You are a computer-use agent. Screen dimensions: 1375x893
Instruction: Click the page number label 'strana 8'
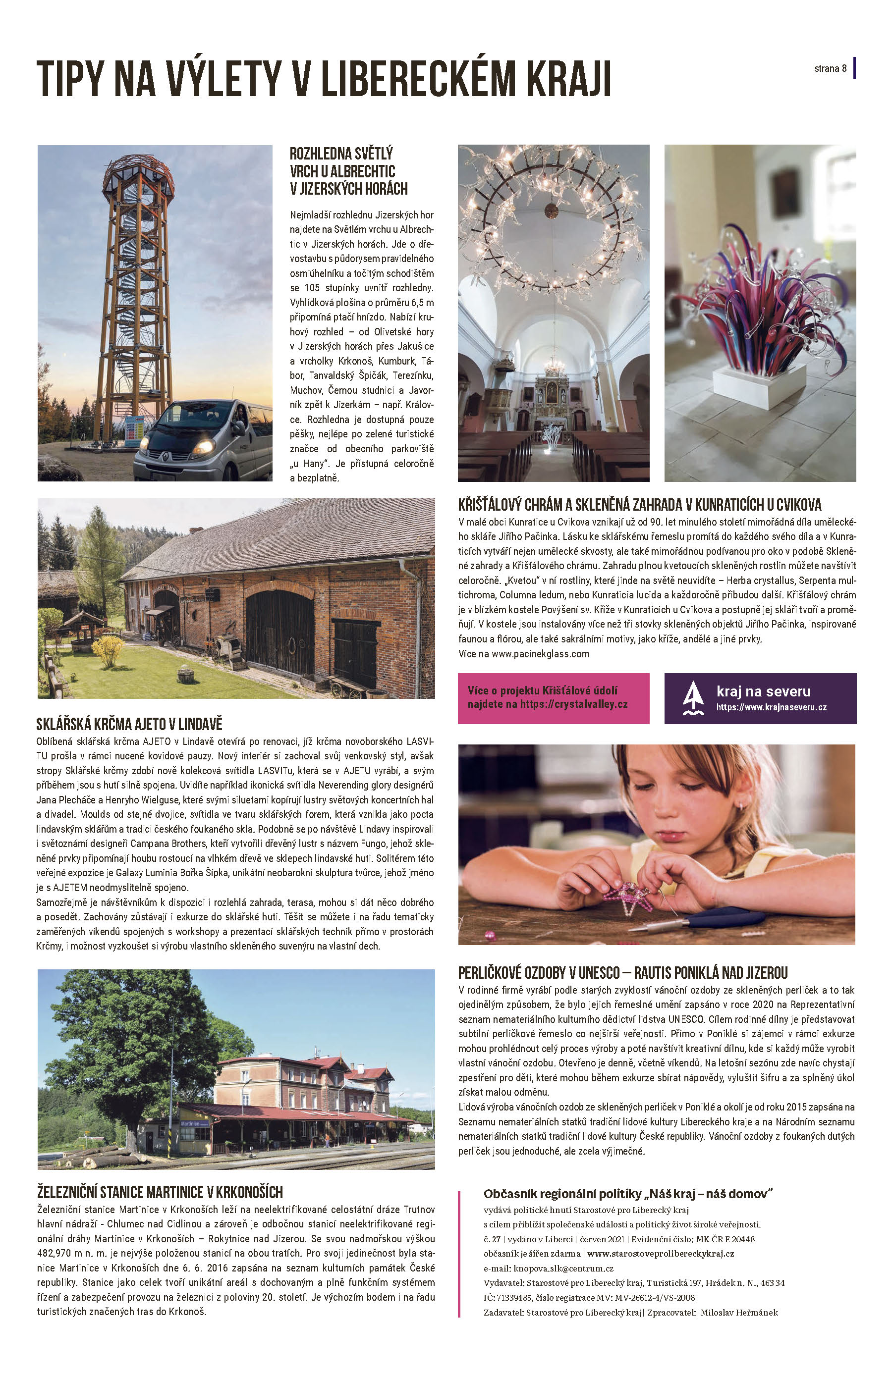click(x=830, y=69)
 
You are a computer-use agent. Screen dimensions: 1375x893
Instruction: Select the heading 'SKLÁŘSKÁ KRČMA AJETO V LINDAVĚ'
click(x=129, y=724)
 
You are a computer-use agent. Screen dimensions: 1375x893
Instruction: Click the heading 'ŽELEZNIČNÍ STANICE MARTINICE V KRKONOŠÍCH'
click(x=160, y=1192)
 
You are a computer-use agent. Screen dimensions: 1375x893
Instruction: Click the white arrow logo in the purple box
click(x=692, y=698)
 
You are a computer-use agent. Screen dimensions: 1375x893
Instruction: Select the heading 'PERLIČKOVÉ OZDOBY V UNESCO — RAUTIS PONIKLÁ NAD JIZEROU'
click(x=622, y=973)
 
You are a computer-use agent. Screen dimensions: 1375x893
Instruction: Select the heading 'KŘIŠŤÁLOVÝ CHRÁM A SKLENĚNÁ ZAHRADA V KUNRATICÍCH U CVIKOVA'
click(x=639, y=505)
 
